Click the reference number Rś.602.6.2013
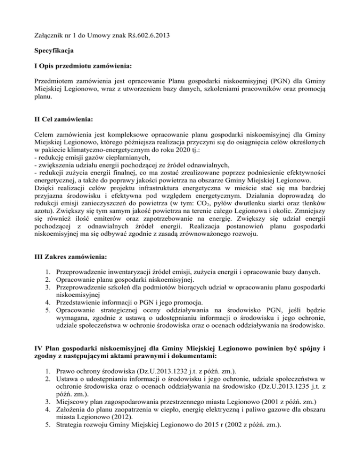[x=140, y=34]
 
